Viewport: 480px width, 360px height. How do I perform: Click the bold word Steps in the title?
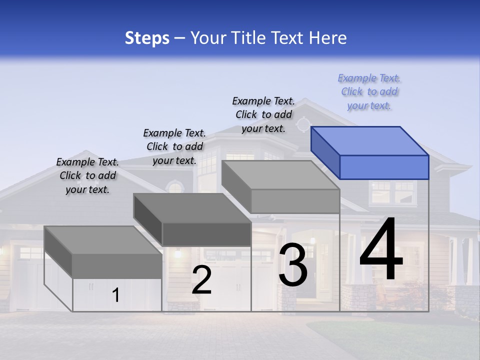(x=147, y=38)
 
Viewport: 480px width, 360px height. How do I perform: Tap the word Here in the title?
(x=327, y=38)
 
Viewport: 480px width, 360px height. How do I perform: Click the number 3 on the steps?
(x=293, y=265)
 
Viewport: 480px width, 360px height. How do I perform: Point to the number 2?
(x=201, y=280)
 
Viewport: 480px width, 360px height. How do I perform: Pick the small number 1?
(x=116, y=295)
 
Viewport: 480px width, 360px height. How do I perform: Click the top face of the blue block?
(x=369, y=141)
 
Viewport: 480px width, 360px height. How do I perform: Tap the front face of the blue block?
(x=384, y=167)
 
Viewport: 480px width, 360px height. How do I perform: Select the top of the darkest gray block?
(x=192, y=208)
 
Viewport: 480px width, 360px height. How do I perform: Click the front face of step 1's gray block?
(x=117, y=265)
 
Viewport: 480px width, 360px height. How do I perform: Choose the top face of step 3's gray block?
(x=280, y=175)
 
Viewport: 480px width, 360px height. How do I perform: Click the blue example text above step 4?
(x=369, y=92)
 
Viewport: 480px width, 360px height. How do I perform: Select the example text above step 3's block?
(x=263, y=114)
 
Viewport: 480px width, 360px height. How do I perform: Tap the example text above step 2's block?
(x=174, y=146)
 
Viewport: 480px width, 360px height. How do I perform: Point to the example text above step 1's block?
(x=87, y=175)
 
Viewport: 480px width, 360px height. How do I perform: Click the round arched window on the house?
(x=175, y=188)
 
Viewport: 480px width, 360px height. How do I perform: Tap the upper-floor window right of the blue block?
(x=393, y=192)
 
